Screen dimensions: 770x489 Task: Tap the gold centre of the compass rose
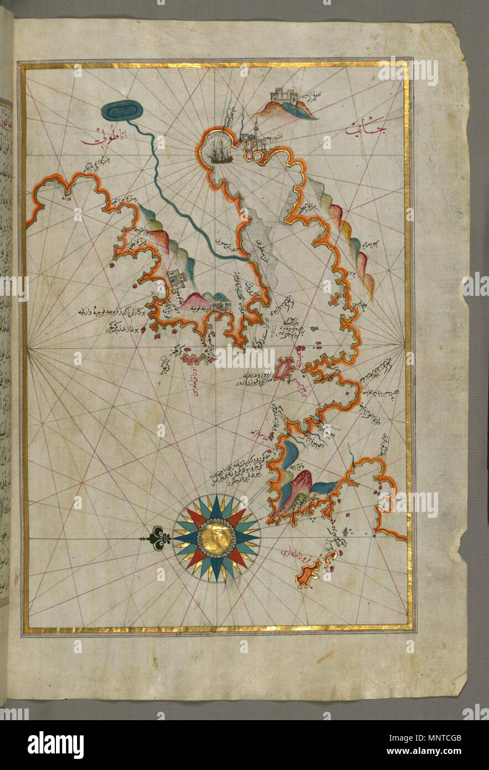216,538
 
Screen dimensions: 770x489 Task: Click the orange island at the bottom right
308,576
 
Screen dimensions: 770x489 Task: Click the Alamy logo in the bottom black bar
55,745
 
